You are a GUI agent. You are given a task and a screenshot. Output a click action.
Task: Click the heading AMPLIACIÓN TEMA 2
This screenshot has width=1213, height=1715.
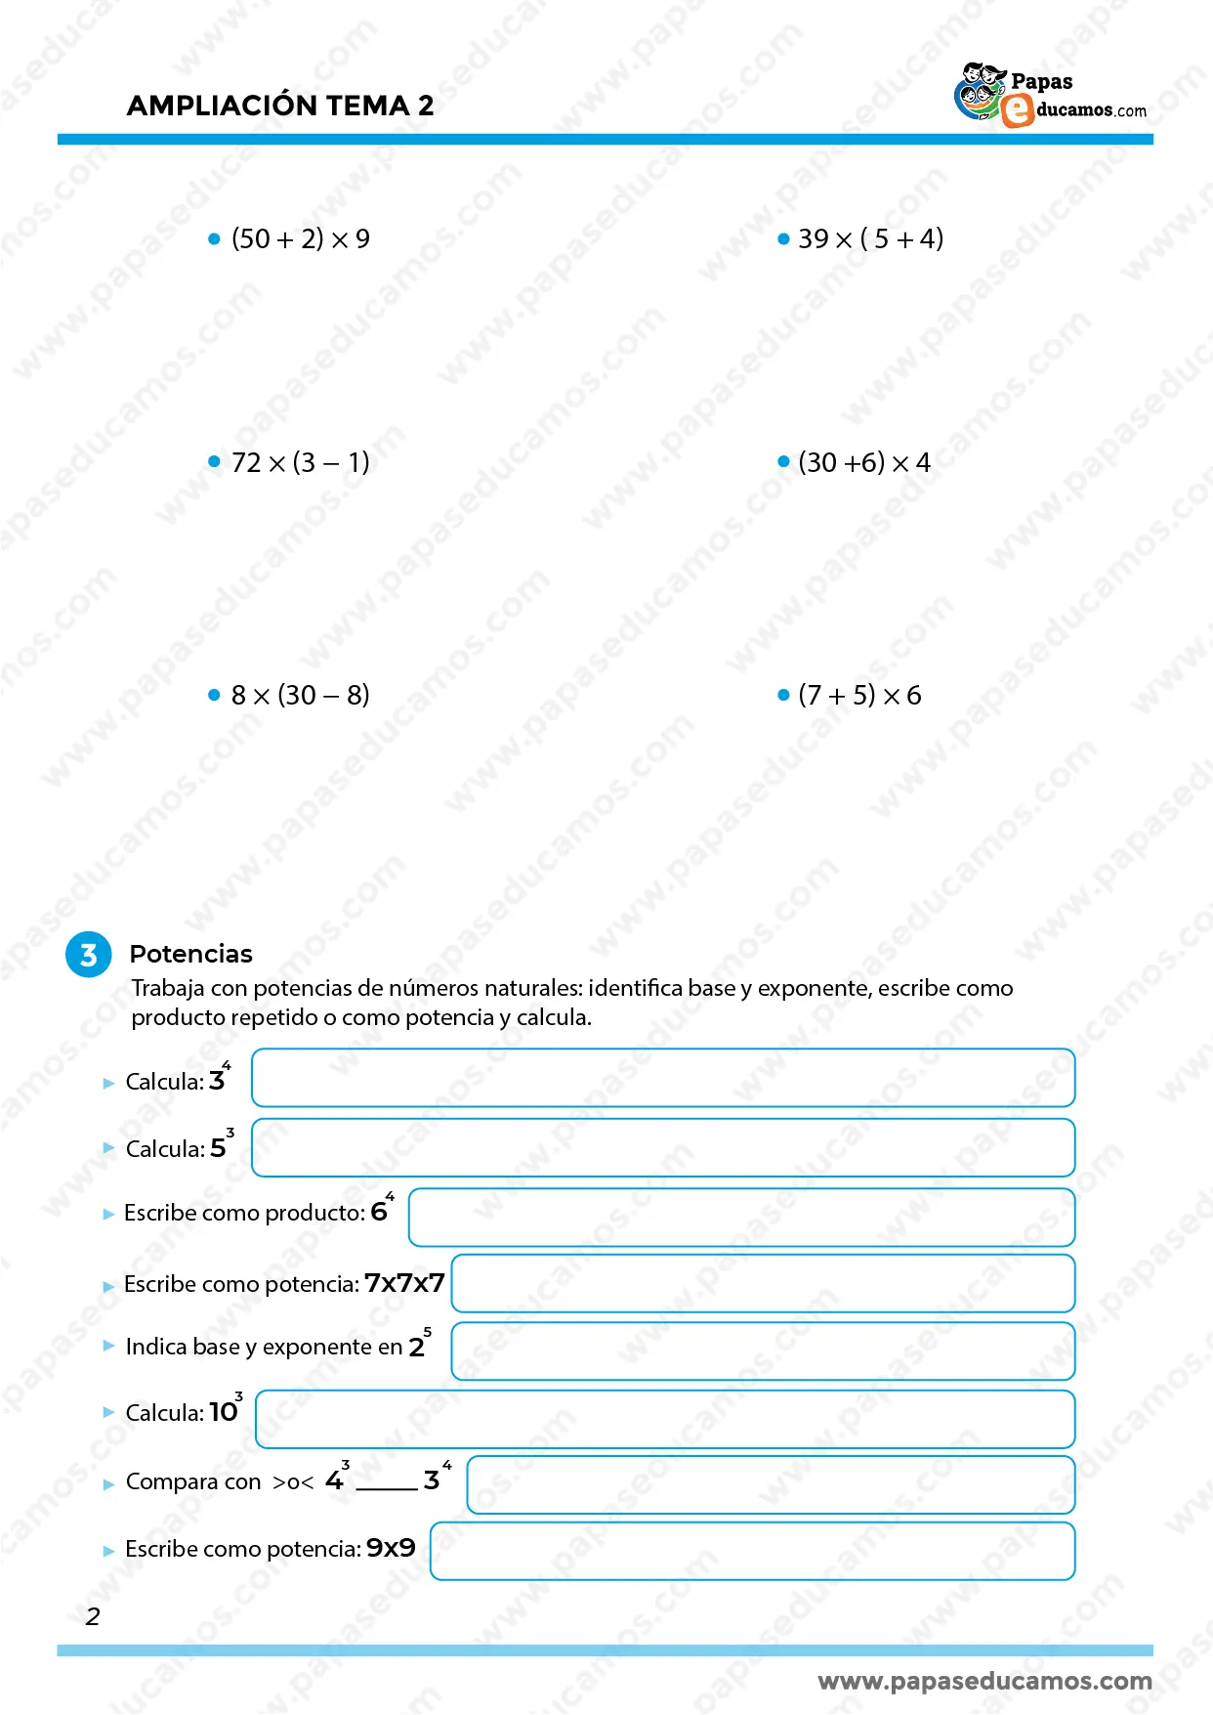click(280, 106)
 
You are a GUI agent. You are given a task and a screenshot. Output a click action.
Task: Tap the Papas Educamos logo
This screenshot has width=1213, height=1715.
click(1050, 96)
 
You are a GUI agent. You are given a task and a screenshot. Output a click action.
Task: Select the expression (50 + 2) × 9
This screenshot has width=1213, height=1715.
click(300, 239)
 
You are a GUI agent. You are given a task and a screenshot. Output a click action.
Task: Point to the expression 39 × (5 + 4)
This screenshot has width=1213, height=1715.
click(870, 239)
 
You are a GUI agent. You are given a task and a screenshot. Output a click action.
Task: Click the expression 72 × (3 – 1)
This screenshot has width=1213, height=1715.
click(300, 462)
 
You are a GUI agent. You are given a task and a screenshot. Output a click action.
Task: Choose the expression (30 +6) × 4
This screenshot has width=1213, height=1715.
click(863, 462)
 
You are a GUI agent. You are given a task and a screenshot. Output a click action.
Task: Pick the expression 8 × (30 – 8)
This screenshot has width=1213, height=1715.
click(300, 696)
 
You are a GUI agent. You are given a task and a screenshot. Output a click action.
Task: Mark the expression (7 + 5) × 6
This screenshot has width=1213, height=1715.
click(859, 696)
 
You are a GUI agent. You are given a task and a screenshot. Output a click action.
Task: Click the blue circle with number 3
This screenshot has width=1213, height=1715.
click(89, 955)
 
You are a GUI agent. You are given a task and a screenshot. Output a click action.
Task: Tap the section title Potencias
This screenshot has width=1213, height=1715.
click(190, 954)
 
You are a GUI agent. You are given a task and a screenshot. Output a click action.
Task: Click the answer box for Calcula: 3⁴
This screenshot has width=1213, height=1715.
click(663, 1078)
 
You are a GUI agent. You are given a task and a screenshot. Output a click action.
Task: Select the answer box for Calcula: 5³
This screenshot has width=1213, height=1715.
click(663, 1147)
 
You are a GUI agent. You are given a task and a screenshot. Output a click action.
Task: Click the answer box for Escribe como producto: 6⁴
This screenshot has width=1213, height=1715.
click(741, 1218)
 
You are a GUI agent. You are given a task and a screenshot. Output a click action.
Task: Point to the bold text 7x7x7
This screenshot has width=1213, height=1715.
click(404, 1283)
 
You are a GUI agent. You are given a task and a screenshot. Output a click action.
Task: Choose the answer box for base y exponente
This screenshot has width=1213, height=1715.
click(763, 1351)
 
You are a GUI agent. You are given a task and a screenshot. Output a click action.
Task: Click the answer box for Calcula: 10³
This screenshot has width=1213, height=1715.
click(665, 1419)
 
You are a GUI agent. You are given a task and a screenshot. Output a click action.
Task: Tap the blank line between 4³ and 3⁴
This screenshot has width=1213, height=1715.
click(387, 1483)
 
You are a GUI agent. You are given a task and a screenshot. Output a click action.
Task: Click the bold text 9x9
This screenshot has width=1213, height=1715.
click(391, 1549)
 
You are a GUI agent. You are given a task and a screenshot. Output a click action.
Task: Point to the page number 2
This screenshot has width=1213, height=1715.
click(93, 1617)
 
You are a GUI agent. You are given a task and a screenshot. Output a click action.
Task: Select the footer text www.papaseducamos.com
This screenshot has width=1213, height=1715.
click(984, 1682)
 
